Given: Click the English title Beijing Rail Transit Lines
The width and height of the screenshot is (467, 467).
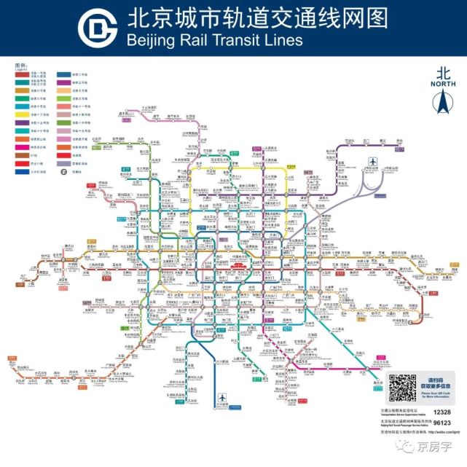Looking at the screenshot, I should coord(214,40).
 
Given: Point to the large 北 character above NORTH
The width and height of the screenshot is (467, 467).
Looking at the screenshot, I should coord(442,73).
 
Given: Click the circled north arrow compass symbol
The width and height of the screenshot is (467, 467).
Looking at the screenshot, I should coord(442,104).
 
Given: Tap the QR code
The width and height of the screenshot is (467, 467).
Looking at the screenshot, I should coord(402,388).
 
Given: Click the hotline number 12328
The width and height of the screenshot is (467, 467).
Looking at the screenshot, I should coord(442,412).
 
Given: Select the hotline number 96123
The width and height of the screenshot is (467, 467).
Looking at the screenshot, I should coord(442,422).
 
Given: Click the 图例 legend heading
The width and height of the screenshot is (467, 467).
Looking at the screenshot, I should coord(20,66).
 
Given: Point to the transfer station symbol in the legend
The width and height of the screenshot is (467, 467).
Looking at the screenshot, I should coord(65,172).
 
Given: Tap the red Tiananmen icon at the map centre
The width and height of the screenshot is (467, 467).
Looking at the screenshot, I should coord(238,266).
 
